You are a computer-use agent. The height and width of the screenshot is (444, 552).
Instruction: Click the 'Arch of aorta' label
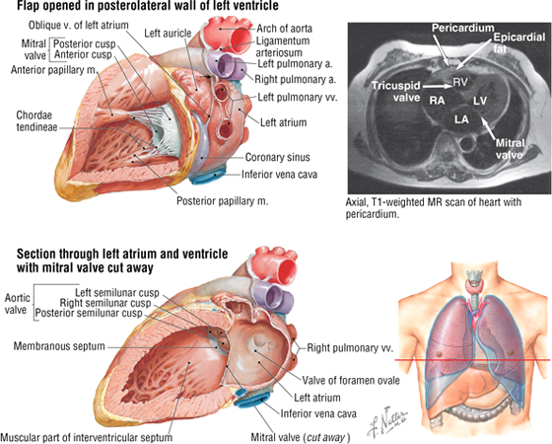[x=284, y=29]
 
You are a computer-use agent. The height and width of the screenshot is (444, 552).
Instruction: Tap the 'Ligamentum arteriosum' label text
[x=283, y=46]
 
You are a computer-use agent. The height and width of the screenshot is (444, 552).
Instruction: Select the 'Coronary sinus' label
[x=277, y=157]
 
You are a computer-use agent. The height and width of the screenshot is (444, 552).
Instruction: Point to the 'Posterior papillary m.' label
[x=222, y=201]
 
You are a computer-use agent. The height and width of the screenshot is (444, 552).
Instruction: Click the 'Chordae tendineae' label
[x=36, y=120]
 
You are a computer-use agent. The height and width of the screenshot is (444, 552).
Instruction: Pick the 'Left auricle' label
[x=168, y=34]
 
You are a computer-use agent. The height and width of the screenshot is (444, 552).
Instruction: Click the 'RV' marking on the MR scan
[x=460, y=82]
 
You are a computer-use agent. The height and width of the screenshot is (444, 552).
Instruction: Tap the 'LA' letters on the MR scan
[x=461, y=119]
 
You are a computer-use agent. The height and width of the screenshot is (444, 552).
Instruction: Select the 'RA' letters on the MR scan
[x=437, y=101]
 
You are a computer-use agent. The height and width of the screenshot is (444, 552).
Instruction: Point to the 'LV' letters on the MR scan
[x=479, y=101]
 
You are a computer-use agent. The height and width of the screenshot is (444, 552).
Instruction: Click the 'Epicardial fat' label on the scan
[x=518, y=42]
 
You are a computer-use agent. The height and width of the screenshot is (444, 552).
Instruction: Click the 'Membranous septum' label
[x=59, y=346]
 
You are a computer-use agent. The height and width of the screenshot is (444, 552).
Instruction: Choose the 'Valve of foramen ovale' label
[x=351, y=381]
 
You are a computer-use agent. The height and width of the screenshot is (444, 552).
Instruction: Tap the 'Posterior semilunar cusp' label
[x=89, y=314]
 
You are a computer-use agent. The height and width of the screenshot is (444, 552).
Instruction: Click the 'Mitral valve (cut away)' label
[x=301, y=438]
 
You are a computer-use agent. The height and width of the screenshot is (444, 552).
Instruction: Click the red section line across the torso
[x=472, y=360]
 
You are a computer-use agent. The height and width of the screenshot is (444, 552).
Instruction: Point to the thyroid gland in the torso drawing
[x=475, y=285]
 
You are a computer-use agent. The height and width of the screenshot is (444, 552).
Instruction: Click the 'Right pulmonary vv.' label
[x=350, y=347]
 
